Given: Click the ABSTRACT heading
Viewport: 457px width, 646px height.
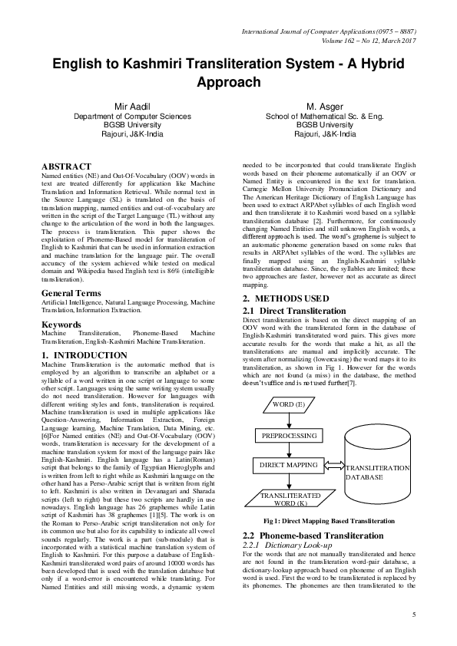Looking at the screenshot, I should (x=66, y=166).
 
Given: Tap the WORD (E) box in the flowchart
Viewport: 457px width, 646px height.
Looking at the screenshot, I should (x=288, y=404).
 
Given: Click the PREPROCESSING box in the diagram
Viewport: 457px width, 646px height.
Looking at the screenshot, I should (x=290, y=435).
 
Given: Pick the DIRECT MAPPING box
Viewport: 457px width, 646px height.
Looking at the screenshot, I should (x=290, y=465).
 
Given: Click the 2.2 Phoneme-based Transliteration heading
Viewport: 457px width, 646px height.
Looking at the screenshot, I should (x=309, y=535).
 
